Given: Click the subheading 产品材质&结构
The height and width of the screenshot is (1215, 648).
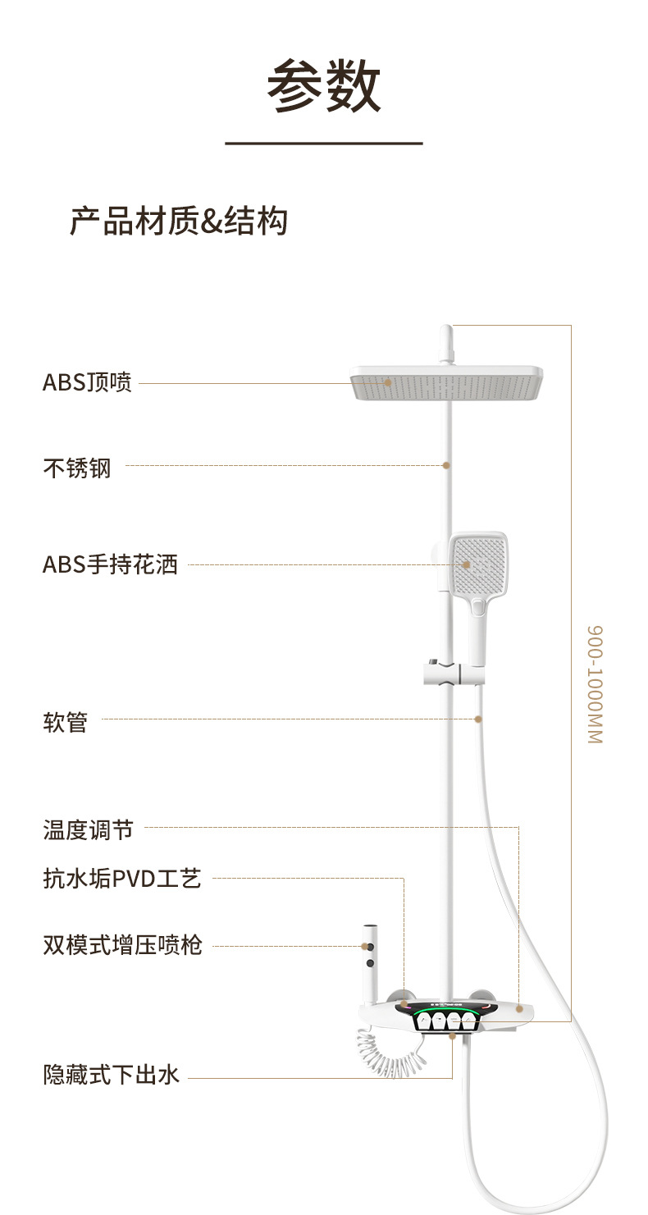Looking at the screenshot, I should (179, 222).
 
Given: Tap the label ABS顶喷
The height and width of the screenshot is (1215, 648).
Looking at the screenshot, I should (87, 382).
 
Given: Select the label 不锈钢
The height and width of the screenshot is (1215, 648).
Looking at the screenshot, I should (76, 468).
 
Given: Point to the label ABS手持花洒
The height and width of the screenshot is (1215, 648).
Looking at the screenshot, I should (110, 564).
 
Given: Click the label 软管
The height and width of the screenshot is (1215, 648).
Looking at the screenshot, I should (65, 723).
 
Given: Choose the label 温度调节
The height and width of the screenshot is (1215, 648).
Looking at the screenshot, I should (87, 829).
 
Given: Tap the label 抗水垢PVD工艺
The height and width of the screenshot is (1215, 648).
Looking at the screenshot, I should (121, 879).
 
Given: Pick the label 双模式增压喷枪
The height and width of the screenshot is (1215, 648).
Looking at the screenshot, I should (122, 945).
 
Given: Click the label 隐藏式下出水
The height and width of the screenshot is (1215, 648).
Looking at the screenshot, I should (111, 1074).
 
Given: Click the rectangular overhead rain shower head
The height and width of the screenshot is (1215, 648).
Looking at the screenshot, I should (447, 383).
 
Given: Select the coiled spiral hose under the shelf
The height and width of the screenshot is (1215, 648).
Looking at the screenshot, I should (390, 1054).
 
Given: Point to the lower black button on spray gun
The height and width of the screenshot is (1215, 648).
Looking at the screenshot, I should (369, 961).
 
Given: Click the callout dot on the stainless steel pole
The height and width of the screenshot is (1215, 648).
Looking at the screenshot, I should (446, 465).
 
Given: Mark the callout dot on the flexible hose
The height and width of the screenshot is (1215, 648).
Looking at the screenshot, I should (478, 719).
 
